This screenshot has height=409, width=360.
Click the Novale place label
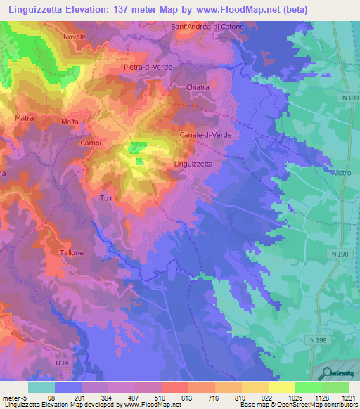[74, 37]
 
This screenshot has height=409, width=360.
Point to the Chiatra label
[199, 87]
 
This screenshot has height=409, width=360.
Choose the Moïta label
[70, 122]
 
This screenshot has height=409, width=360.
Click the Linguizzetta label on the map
[193, 163]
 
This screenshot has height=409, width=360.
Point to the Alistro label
[340, 172]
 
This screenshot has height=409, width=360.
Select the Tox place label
[106, 199]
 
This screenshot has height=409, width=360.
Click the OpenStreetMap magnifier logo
[328, 373]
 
